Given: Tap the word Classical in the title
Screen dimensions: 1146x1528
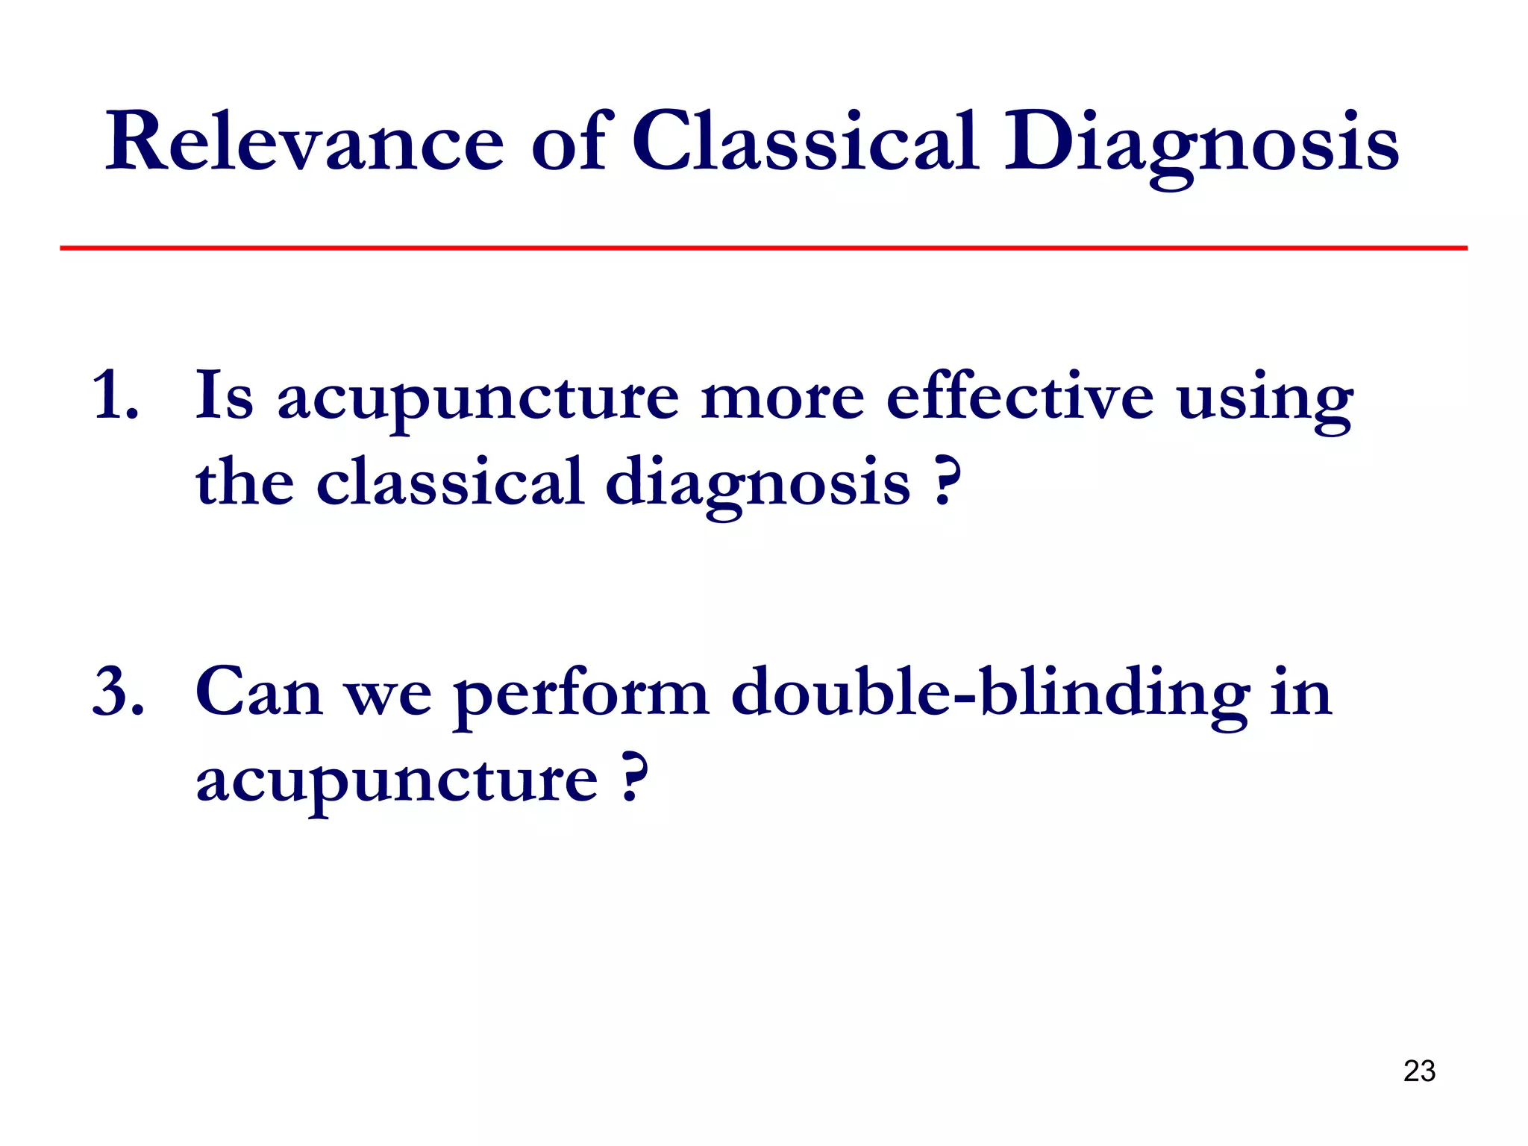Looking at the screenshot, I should point(804,142).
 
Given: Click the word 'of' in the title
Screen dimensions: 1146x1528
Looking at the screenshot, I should point(572,142).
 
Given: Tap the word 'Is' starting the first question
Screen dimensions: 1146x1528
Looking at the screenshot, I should point(224,395).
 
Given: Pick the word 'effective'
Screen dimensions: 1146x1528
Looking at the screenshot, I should point(1019,395).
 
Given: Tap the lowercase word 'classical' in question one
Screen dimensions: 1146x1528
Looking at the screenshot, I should point(449,482).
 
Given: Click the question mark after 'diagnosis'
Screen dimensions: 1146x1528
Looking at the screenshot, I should point(945,482).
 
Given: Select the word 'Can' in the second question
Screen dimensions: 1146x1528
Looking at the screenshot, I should point(258,692).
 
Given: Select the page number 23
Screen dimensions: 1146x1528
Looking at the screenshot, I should point(1418,1071).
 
